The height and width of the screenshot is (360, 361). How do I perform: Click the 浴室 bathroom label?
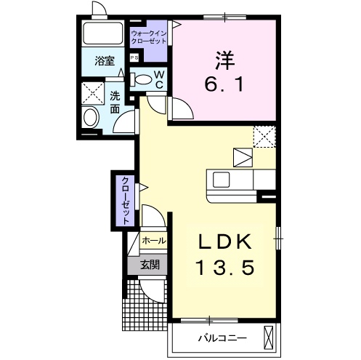point(105,60)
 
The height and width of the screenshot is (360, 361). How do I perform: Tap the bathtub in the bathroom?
point(103,33)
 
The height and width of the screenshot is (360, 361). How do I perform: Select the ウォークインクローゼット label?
point(149,37)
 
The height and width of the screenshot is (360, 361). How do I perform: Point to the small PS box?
point(134,57)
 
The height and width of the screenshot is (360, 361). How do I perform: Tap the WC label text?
point(159,79)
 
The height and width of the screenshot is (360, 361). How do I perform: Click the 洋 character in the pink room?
point(224,60)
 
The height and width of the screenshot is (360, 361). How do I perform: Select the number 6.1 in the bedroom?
point(224,84)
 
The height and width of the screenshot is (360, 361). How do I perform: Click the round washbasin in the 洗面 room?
point(90,117)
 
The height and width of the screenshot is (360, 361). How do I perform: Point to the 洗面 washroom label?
point(115,103)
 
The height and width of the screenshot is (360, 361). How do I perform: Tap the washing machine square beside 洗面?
point(93,93)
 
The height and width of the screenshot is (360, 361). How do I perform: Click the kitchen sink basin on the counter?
point(221,180)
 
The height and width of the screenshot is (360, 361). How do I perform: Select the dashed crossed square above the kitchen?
point(264,137)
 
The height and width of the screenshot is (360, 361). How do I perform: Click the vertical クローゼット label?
point(126,201)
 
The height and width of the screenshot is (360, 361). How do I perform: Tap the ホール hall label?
point(154,241)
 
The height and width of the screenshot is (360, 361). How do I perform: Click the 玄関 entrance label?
point(150,265)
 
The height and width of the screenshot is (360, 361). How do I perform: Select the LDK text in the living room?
point(225,242)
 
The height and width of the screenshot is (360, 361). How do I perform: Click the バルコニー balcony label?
point(222,338)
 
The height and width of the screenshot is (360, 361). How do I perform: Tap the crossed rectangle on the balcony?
point(268,337)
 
